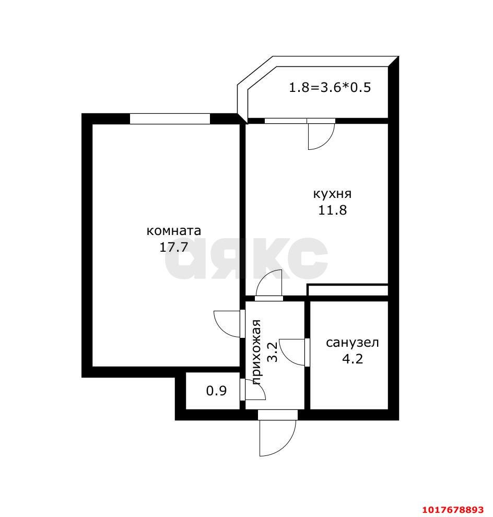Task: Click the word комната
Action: point(173,230)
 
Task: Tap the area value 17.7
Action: point(173,247)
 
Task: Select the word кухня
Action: point(332,194)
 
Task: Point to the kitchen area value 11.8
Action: point(332,210)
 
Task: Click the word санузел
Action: point(352,343)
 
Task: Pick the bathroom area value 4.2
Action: point(352,358)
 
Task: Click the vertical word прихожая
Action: point(256,352)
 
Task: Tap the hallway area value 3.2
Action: point(273,352)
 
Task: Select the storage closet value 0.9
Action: point(216,391)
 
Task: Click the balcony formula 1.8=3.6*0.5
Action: point(330,87)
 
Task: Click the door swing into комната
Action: point(220,330)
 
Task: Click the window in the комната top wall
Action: point(170,119)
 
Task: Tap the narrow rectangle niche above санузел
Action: point(348,290)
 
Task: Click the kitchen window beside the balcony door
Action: point(286,121)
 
